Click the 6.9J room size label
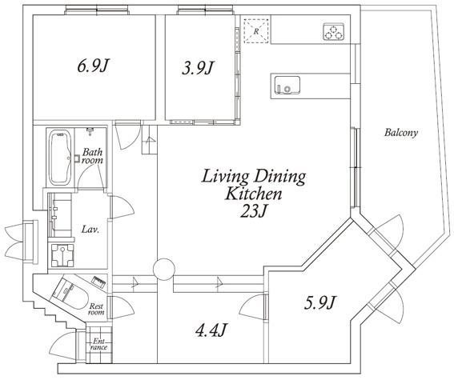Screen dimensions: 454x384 94,66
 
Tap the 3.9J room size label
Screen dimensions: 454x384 198,68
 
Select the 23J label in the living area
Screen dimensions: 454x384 253,211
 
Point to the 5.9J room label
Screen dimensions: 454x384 320,302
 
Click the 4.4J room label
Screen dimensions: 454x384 211,330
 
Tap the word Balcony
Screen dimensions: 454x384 401,133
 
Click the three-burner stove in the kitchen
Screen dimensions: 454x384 334,31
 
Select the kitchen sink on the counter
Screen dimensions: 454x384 287,85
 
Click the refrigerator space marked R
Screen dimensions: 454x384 256,31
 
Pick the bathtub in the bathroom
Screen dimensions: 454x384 60,158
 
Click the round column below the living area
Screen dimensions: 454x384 164,269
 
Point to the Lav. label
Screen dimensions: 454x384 90,230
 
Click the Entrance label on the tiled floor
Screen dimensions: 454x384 99,344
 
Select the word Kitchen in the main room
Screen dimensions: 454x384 254,194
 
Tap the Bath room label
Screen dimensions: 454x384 92,156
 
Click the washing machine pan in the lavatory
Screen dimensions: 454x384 62,255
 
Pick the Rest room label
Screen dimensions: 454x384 96,309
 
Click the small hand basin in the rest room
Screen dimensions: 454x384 98,282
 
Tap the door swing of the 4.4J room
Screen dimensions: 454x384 252,306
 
